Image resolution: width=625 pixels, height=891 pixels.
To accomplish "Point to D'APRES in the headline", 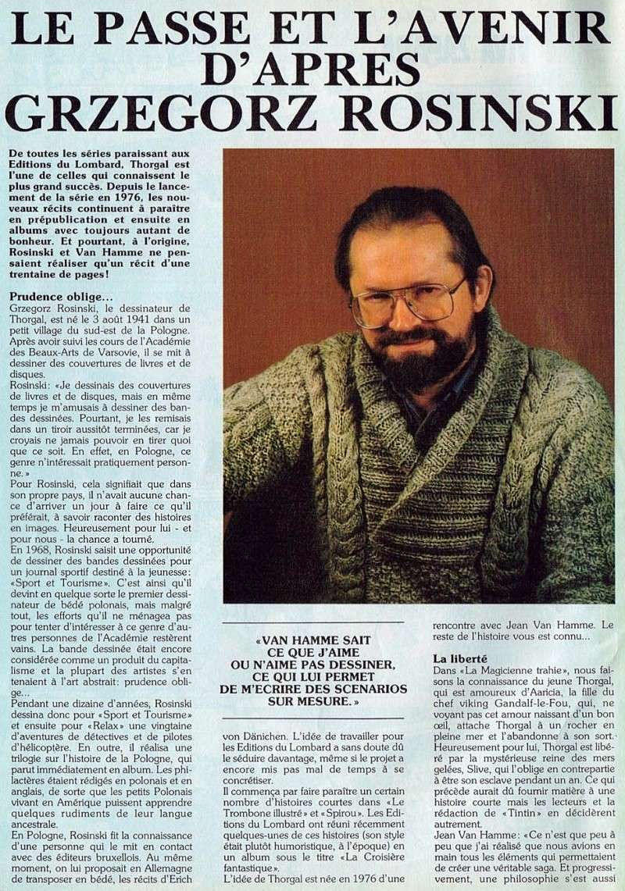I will pos(312,70).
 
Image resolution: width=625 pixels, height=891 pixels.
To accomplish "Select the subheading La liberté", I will pos(460,659).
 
